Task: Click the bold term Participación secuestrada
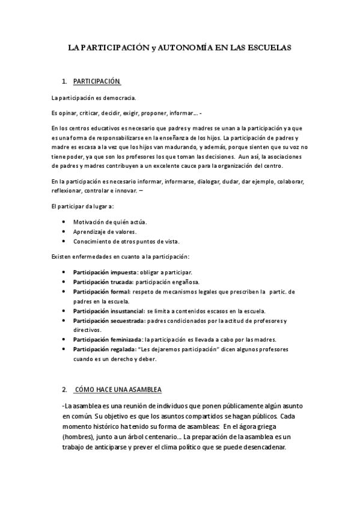tap(104, 321)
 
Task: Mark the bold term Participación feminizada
tap(103, 340)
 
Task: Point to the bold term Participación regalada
tap(102, 349)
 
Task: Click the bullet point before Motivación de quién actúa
tap(64, 222)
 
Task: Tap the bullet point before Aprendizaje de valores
tap(64, 232)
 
